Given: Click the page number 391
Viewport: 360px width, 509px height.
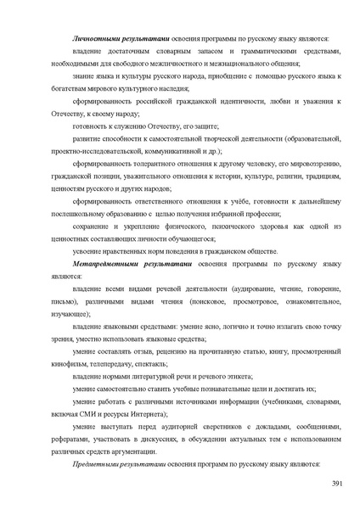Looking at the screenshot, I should tap(335, 484).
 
